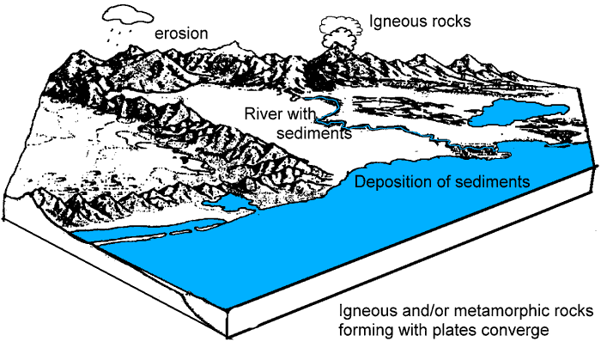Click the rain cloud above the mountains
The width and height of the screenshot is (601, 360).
(x=124, y=14)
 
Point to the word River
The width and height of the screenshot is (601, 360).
(x=263, y=114)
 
